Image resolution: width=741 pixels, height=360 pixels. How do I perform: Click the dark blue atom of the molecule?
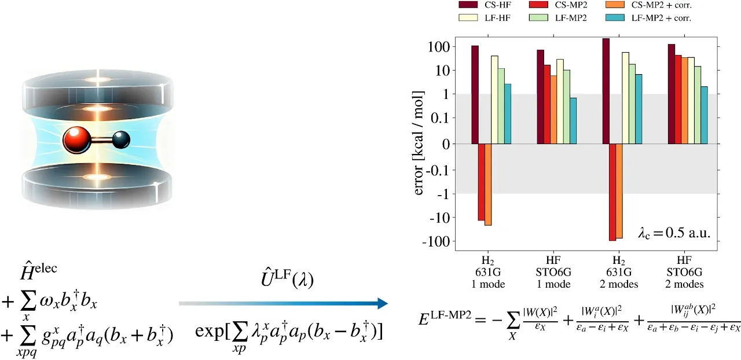pyautogui.click(x=122, y=139)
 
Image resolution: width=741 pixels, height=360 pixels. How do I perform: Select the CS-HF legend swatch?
pyautogui.click(x=468, y=5)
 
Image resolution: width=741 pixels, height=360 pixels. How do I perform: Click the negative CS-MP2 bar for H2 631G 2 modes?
pyautogui.click(x=612, y=192)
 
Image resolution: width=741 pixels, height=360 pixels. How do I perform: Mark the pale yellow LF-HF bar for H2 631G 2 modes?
pyautogui.click(x=625, y=98)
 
